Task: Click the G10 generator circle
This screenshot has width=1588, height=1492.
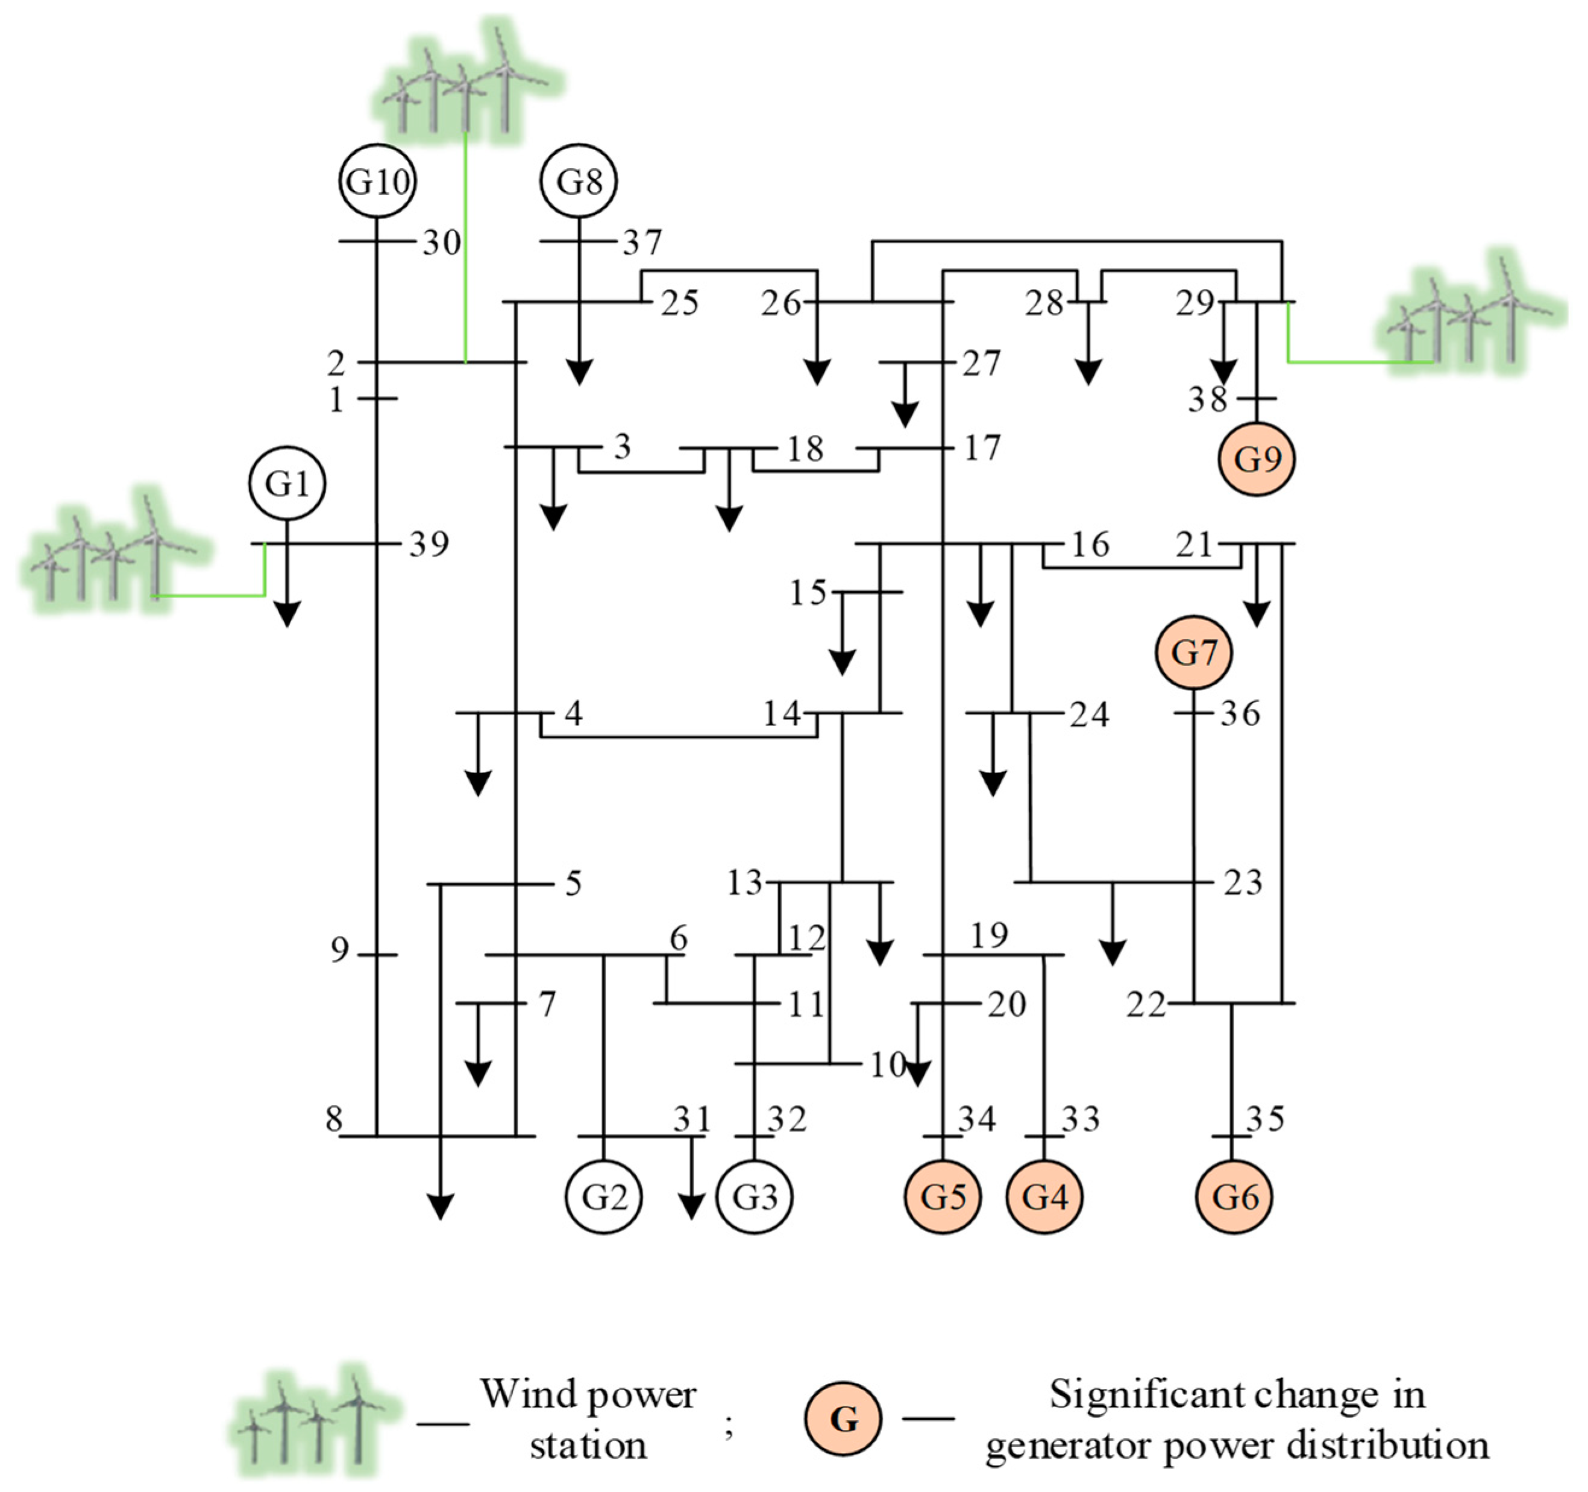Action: [x=377, y=182]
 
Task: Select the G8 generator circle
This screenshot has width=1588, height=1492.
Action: [x=579, y=182]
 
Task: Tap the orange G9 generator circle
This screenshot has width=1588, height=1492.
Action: [x=1256, y=459]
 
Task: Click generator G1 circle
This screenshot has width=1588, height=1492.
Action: [x=287, y=484]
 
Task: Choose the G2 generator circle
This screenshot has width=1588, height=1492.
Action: [x=603, y=1196]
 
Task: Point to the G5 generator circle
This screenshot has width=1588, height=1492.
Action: [x=943, y=1196]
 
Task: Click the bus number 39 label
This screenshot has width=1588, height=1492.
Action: [x=429, y=544]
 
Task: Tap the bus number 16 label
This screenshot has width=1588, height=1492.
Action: [x=1090, y=544]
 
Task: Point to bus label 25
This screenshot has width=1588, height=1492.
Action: [x=680, y=303]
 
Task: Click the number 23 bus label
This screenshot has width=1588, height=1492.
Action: [x=1242, y=882]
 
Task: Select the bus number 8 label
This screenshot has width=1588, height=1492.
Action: [x=334, y=1119]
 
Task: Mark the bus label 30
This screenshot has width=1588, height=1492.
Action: [x=442, y=242]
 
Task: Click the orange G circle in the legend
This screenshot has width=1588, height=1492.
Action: [x=843, y=1419]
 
